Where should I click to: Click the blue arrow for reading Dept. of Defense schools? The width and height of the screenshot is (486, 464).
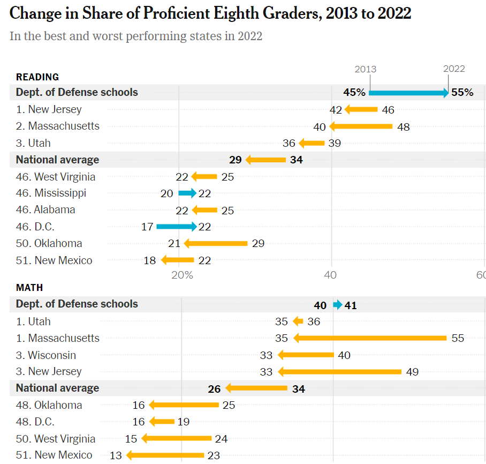pyautogui.click(x=408, y=93)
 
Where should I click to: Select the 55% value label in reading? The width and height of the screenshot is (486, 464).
pyautogui.click(x=462, y=93)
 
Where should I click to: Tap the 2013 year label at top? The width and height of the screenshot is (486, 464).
pyautogui.click(x=366, y=69)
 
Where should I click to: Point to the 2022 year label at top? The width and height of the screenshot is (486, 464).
pyautogui.click(x=454, y=69)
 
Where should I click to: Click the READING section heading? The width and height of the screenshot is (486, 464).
pyautogui.click(x=37, y=77)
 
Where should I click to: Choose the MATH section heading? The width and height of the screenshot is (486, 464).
pyautogui.click(x=29, y=288)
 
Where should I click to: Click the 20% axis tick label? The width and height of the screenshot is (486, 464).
pyautogui.click(x=182, y=275)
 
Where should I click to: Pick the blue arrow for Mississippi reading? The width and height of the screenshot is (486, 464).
pyautogui.click(x=187, y=193)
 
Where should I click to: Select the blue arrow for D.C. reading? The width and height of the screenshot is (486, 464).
pyautogui.click(x=176, y=227)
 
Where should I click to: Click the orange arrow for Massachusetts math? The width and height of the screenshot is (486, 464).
pyautogui.click(x=370, y=338)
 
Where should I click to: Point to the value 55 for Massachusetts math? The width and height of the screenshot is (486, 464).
pyautogui.click(x=458, y=339)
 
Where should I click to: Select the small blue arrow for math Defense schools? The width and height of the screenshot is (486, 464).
pyautogui.click(x=337, y=305)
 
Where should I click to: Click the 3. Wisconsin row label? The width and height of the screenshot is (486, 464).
pyautogui.click(x=46, y=355)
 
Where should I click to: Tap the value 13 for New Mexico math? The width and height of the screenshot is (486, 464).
pyautogui.click(x=116, y=455)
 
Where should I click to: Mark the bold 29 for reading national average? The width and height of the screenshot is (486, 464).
pyautogui.click(x=236, y=160)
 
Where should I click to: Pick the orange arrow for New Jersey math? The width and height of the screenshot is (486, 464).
pyautogui.click(x=340, y=372)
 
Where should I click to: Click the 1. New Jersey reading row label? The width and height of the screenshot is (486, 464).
pyautogui.click(x=49, y=109)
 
